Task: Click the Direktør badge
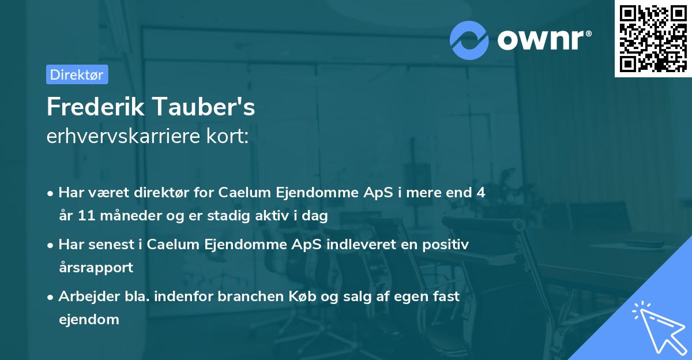click(x=77, y=74)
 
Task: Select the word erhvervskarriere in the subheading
click(x=123, y=136)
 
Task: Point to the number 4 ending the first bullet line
click(x=480, y=193)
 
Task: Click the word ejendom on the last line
click(x=89, y=319)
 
